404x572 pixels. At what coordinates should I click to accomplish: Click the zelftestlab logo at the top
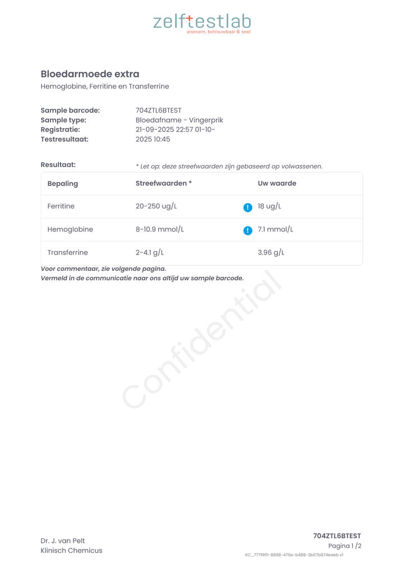pos(202,22)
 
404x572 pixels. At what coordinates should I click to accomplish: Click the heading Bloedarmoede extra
pos(90,74)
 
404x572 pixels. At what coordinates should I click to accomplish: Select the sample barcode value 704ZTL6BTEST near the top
pos(158,111)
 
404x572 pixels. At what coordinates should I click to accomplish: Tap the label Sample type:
pos(63,120)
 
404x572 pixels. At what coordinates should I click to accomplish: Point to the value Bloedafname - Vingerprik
pos(179,120)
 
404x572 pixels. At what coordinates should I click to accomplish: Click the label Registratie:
pos(60,130)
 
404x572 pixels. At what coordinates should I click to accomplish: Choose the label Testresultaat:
pos(65,139)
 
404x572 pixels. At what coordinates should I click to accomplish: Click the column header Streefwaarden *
pos(163,184)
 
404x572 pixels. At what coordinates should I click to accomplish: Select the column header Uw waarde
pos(277,184)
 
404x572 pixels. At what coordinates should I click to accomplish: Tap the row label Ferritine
pos(61,207)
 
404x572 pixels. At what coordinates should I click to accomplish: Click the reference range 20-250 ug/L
pos(156,207)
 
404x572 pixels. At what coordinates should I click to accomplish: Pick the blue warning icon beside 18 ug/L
pos(247,207)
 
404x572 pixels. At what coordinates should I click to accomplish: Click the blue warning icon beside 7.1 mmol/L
pos(247,230)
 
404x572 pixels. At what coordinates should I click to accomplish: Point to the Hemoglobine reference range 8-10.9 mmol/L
pos(159,230)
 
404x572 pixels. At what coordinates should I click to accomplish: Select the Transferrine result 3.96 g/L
pos(271,253)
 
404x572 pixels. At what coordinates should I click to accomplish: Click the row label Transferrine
pos(67,253)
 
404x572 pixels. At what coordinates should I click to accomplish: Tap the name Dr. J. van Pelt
pos(63,541)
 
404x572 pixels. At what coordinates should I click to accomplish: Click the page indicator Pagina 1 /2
pos(345,546)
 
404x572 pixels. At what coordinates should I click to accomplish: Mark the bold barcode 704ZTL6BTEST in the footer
pos(337,536)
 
